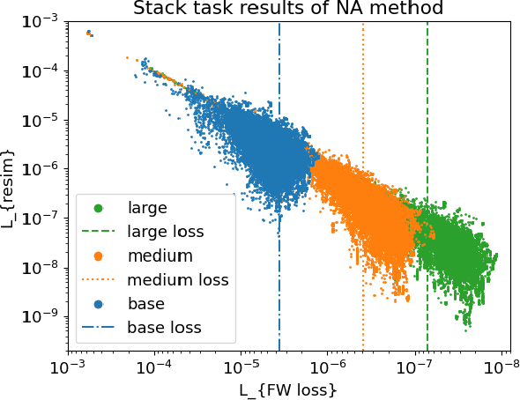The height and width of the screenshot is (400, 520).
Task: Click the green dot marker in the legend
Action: tap(98, 209)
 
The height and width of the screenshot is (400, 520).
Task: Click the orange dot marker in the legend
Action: tap(98, 256)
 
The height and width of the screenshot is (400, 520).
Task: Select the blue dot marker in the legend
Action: tap(98, 304)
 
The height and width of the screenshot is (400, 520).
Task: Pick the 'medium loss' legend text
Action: tap(177, 280)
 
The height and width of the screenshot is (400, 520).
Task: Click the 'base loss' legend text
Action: tap(164, 328)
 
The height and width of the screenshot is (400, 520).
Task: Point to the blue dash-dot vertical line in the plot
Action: tap(279, 70)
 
